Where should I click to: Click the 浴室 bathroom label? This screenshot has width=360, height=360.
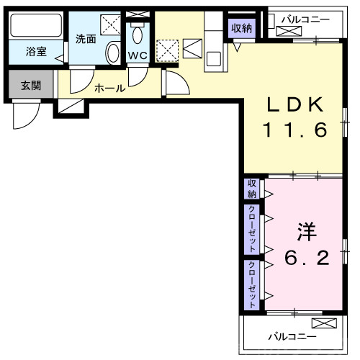36,51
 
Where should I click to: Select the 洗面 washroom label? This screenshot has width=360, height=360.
86,39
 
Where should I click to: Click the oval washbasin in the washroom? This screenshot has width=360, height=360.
113,52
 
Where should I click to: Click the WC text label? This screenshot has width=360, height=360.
138,55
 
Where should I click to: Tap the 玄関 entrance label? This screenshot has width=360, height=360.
30,86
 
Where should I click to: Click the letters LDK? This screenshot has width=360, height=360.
294,105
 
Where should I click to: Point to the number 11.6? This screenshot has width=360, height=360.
294,130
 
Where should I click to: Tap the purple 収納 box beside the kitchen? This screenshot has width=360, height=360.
242,28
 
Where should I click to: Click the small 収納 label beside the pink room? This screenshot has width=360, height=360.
252,189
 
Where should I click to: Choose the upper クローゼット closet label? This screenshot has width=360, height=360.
252,228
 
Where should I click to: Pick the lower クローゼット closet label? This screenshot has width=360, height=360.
252,284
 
